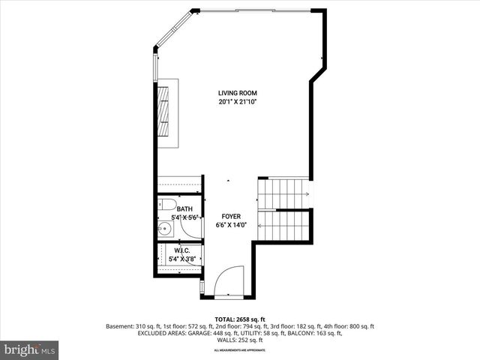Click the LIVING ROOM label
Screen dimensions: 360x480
(237, 93)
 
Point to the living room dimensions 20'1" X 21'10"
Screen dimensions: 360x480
(237, 102)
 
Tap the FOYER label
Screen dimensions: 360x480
(231, 216)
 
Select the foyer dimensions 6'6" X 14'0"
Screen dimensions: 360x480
(231, 224)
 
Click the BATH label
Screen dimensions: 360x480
(184, 209)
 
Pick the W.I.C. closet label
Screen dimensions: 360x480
(181, 250)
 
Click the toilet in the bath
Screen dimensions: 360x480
(168, 205)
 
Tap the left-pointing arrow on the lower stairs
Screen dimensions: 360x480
(261, 224)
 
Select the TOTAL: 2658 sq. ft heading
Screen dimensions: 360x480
(239, 319)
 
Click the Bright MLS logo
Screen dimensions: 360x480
(30, 349)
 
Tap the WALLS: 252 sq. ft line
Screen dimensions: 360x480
(239, 340)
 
